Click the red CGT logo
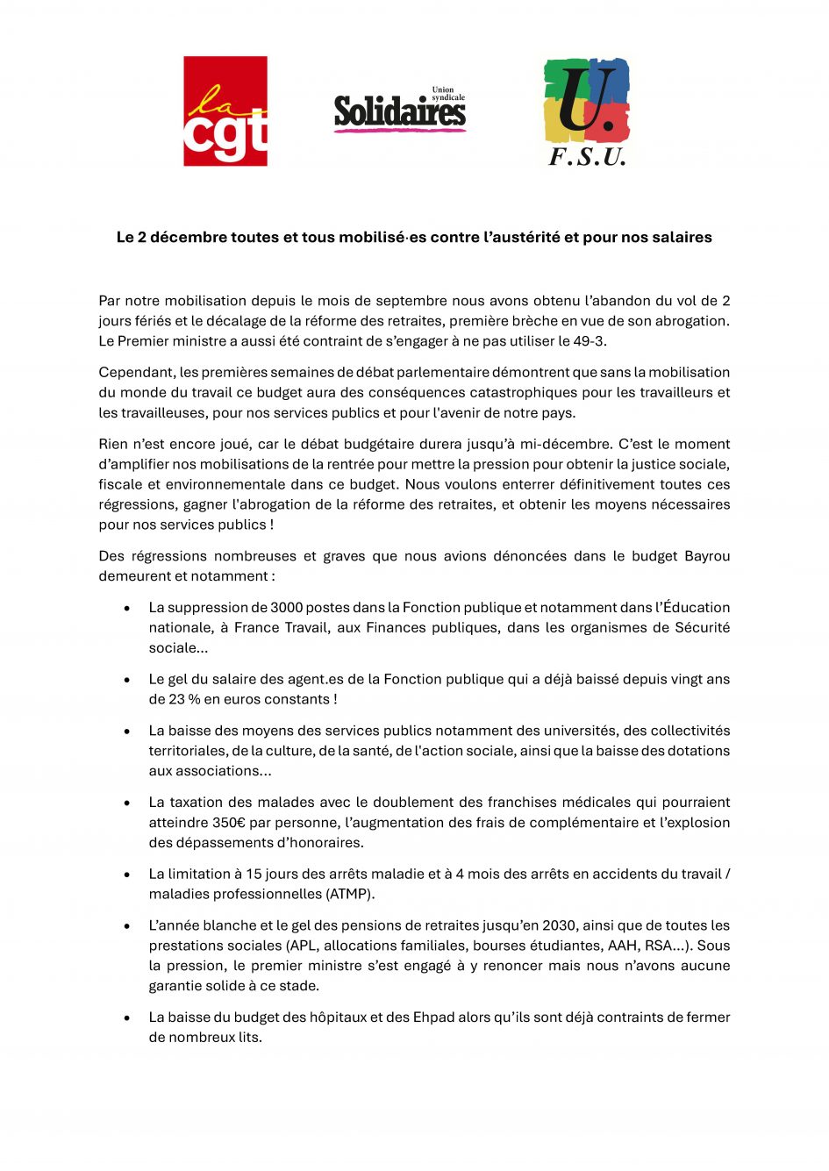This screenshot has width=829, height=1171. coord(225,111)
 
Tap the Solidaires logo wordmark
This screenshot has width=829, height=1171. coord(400,112)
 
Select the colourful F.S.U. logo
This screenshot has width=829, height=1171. coord(587,111)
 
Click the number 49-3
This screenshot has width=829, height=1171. coord(590,341)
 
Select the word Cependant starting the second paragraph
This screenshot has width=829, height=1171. coord(136,373)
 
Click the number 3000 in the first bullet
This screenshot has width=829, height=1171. coord(287,608)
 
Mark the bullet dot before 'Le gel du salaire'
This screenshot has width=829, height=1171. coord(127,680)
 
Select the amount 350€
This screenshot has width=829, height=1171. coord(228,823)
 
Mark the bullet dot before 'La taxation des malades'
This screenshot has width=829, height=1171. coord(127,803)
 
